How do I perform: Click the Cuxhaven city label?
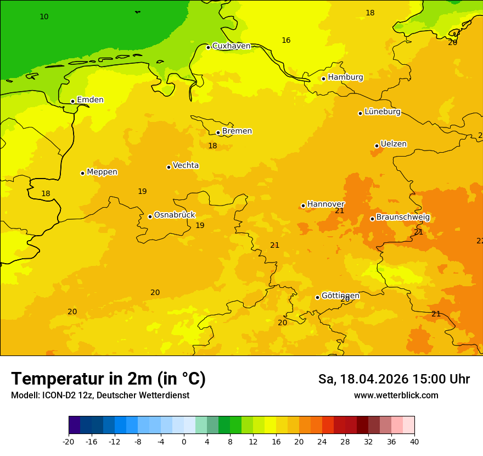click(x=231, y=46)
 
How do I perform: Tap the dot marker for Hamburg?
click(x=323, y=79)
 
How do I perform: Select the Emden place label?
click(x=90, y=100)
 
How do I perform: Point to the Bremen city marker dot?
click(x=218, y=132)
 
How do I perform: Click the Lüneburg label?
click(x=383, y=112)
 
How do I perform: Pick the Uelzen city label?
click(x=394, y=144)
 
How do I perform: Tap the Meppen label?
click(x=102, y=172)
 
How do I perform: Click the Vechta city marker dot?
click(x=169, y=167)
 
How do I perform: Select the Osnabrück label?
click(x=175, y=215)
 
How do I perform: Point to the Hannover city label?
click(x=325, y=204)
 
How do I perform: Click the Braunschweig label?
click(x=403, y=218)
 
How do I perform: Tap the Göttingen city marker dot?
click(x=317, y=297)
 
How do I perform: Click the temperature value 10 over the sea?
click(x=44, y=17)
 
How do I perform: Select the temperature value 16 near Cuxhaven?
click(x=286, y=40)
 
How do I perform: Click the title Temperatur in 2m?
click(x=108, y=379)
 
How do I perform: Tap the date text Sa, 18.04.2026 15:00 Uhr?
click(x=394, y=379)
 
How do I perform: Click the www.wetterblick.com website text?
click(x=396, y=396)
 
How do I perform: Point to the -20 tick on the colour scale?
click(x=69, y=441)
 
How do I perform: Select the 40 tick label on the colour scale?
click(x=414, y=441)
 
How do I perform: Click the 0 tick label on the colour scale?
click(x=184, y=441)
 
